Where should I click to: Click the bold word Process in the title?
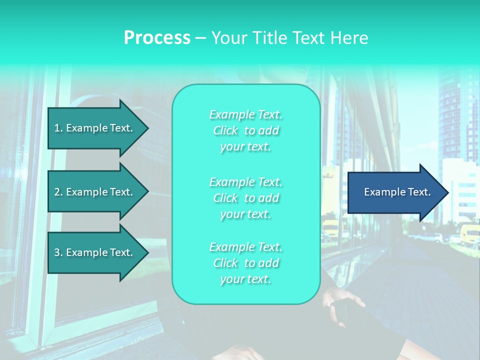157,38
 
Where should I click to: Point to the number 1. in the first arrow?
58,128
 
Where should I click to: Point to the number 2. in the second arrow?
58,192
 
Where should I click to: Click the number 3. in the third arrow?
58,252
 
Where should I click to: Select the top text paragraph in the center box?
245,130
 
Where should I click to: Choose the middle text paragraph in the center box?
245,198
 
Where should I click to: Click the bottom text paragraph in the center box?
245,263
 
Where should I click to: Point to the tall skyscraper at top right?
457,115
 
